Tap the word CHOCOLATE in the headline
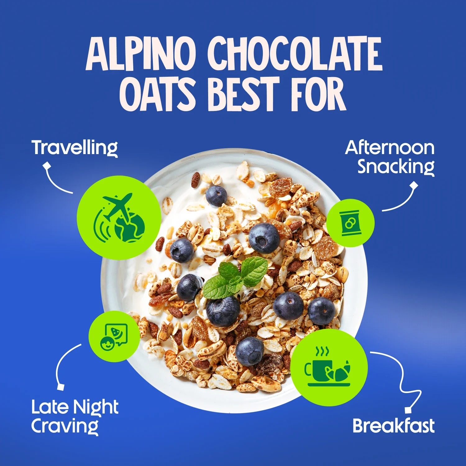[x=295, y=53]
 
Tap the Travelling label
[x=75, y=148]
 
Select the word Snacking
[x=396, y=167]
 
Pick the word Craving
[x=65, y=426]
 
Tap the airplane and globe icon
[x=119, y=217]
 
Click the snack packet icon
[x=350, y=223]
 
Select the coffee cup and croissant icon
[x=329, y=368]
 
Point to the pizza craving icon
[x=114, y=336]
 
